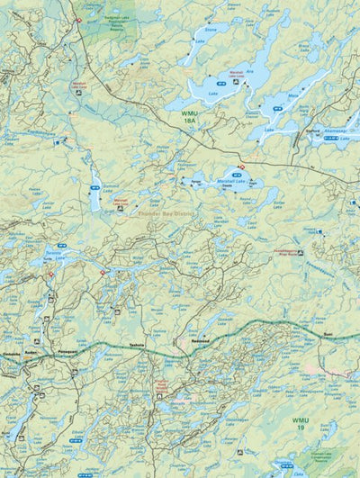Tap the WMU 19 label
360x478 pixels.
tap(298, 424)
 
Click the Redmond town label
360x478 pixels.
tap(199, 343)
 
